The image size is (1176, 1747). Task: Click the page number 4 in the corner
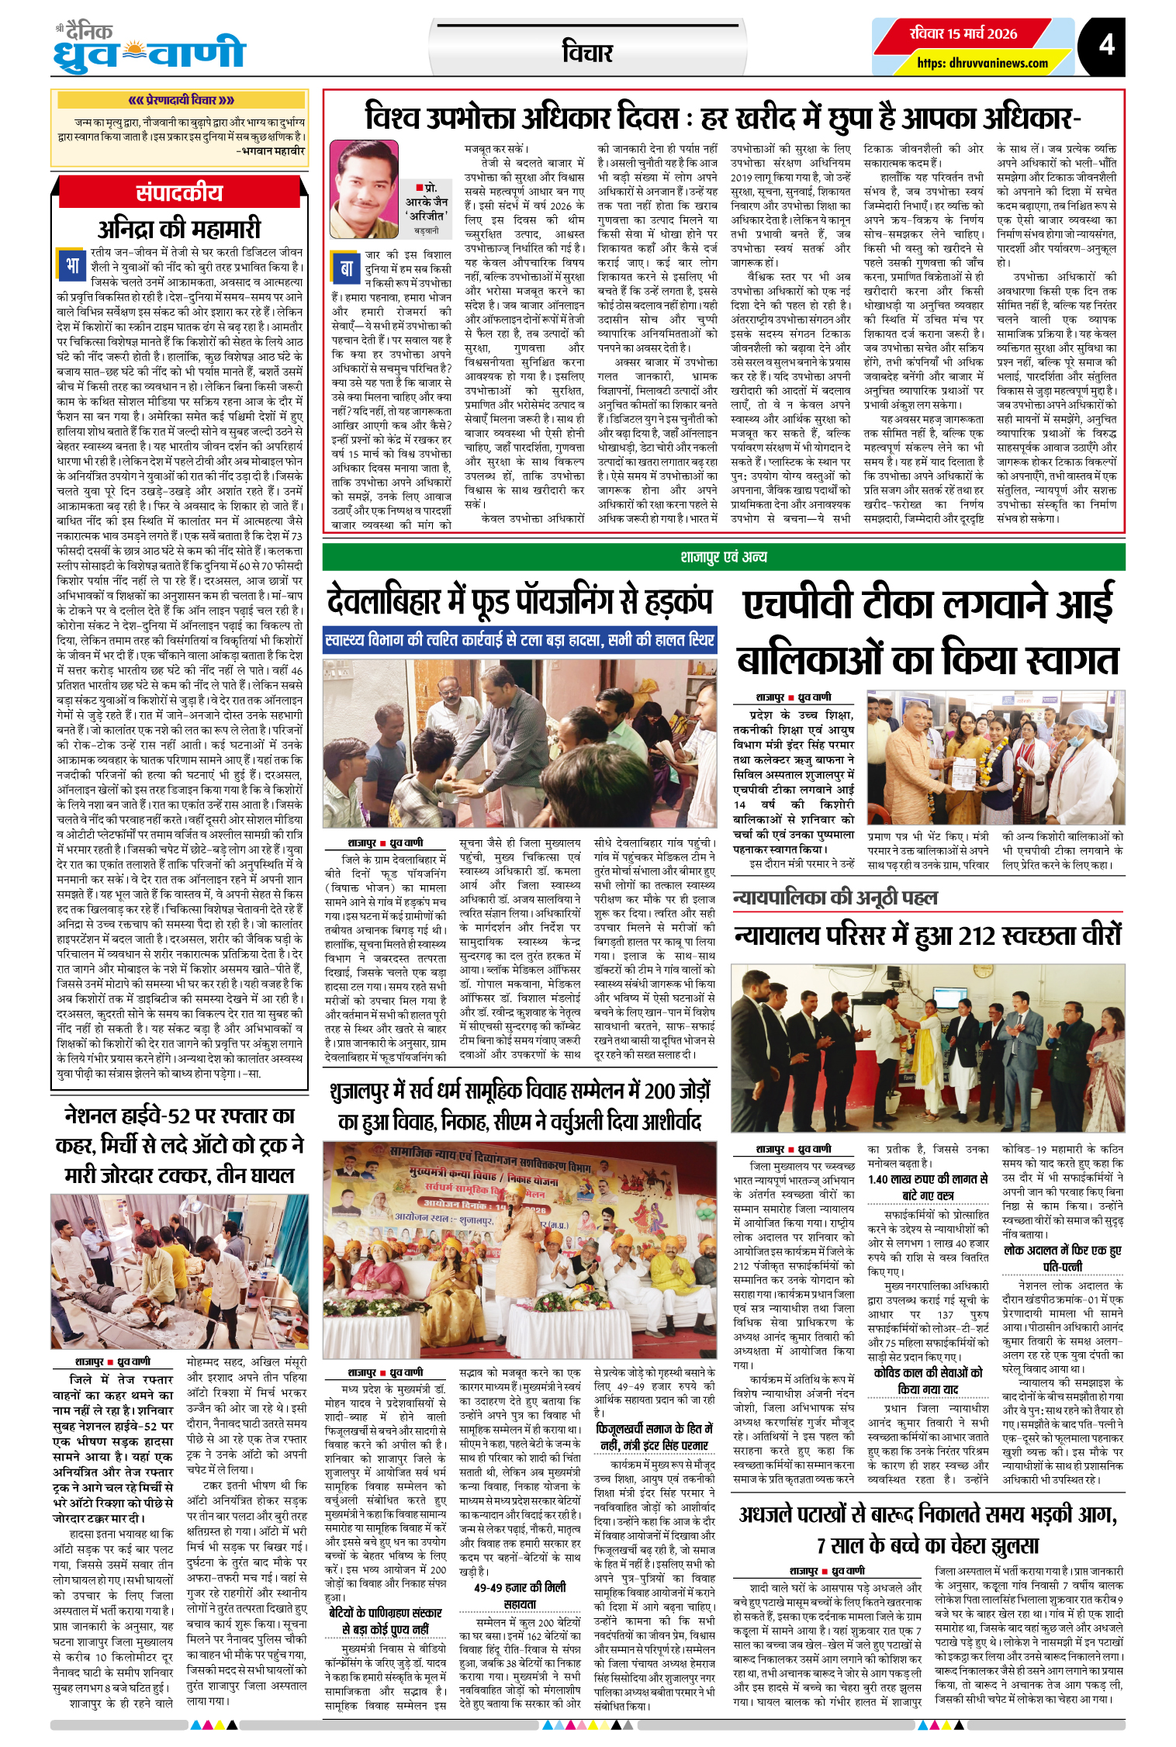pos(1106,44)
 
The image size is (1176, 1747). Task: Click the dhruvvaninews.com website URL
pos(982,63)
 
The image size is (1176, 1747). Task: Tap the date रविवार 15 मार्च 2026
pos(963,33)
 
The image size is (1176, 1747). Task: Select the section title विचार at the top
pos(587,53)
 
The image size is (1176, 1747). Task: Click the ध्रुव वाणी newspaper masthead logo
pos(149,50)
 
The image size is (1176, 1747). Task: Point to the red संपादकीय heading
pos(179,192)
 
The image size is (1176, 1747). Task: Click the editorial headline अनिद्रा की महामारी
pos(179,229)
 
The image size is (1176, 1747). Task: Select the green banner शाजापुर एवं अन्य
pos(723,557)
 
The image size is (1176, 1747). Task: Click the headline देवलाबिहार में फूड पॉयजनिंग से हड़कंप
pos(519,601)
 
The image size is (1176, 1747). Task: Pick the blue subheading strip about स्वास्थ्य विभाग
pos(519,640)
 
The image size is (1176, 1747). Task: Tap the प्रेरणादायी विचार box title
pos(180,100)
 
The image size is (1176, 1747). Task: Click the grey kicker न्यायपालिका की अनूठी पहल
pos(835,898)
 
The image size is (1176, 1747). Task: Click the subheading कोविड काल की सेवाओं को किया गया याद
pos(928,1380)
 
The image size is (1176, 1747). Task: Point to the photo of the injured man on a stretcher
pos(179,1272)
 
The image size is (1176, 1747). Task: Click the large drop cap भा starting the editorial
pos(72,265)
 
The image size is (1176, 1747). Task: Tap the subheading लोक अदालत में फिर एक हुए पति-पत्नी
pos(1062,1258)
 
